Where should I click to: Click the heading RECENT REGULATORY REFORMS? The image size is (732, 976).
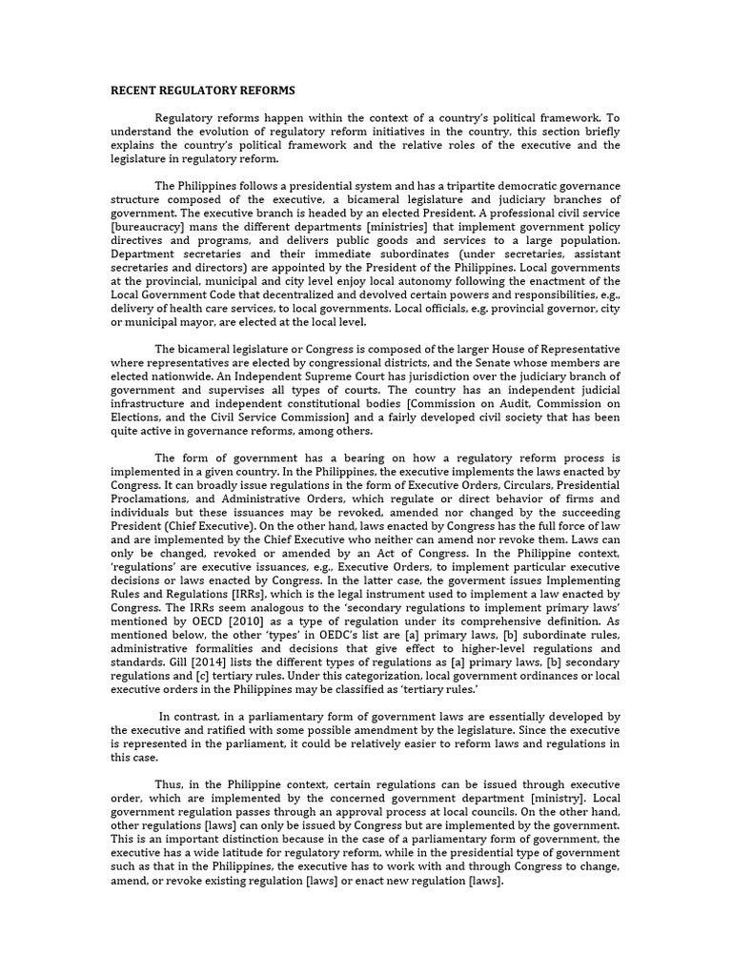point(203,91)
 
